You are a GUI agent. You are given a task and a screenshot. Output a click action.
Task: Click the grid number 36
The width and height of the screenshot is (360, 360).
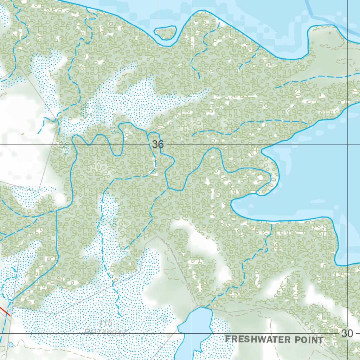pyautogui.click(x=158, y=144)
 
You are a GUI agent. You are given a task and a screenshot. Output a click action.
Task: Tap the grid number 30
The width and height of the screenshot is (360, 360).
pyautogui.click(x=347, y=333)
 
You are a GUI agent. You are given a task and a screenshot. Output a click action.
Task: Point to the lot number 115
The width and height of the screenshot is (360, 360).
pyautogui.click(x=105, y=323)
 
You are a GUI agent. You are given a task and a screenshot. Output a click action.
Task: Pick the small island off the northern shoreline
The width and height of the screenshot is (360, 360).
pyautogui.click(x=165, y=33)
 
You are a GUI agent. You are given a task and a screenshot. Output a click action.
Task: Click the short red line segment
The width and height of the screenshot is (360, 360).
pyautogui.click(x=4, y=311)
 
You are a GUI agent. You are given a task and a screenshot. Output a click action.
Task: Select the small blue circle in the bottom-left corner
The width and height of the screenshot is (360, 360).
pyautogui.click(x=11, y=345)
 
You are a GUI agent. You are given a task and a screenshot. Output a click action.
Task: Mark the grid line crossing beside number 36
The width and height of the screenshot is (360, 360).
pyautogui.click(x=158, y=144)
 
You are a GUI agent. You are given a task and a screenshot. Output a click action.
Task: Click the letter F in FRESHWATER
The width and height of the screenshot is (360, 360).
pyautogui.click(x=227, y=339)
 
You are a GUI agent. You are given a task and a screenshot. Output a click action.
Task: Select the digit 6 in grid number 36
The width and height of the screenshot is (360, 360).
pyautogui.click(x=161, y=144)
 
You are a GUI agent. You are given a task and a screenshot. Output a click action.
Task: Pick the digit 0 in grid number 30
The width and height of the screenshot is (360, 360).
pyautogui.click(x=350, y=333)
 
